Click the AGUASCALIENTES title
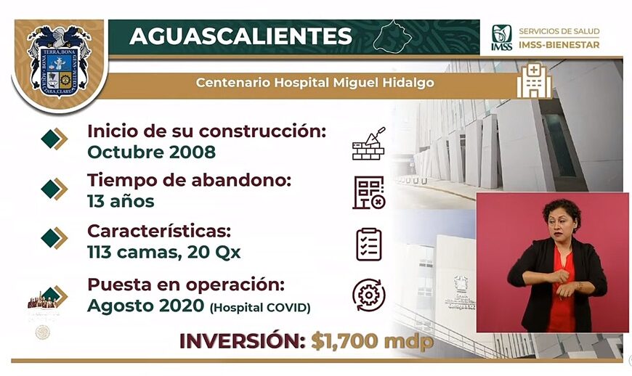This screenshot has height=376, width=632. coord(240,36)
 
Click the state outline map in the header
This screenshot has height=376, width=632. coord(392,36)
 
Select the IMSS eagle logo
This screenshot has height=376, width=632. coord(501,38)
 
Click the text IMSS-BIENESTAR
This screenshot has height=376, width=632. coord(559,45)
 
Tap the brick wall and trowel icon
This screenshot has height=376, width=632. coord(368,144)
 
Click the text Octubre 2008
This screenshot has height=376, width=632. coord(152,152)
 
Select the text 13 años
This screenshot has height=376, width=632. coord(121,201)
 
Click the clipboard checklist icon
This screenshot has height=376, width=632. coord(369,245)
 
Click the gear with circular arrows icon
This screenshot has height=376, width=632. coord(368,295)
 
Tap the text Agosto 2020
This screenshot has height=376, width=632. coord(145,306)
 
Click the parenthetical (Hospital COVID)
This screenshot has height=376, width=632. coord(260,308)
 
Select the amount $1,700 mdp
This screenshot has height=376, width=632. coord(372,341)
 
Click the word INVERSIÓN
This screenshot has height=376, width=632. coord(242,341)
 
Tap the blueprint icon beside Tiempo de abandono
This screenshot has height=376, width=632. coord(369,192)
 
